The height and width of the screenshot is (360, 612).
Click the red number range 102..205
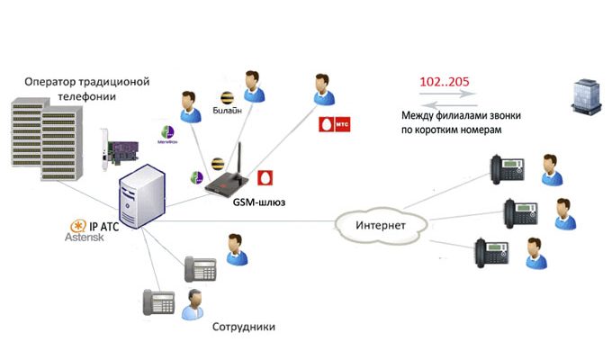[443, 81]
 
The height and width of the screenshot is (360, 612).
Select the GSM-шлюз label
[253, 202]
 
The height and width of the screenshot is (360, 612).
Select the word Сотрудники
[243, 326]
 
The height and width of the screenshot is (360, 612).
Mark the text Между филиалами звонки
[461, 117]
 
